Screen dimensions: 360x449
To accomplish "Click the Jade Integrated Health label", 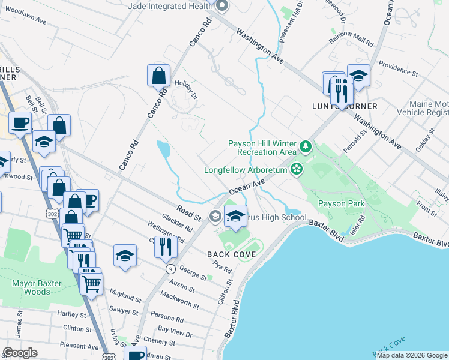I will tap(170, 5).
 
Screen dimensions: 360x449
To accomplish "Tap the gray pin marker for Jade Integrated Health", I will tap(221, 5).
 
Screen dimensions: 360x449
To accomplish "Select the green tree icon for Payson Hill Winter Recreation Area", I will tap(306, 146).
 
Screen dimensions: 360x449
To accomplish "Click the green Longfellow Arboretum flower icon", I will tap(296, 169).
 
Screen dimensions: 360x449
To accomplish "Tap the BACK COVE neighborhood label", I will tap(232, 254).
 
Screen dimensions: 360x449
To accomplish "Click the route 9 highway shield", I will tap(171, 269).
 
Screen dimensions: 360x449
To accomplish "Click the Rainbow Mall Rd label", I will tap(351, 43).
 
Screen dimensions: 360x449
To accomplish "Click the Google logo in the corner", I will tap(20, 353).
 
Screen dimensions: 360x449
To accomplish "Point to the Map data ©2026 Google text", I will tap(412, 355).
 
